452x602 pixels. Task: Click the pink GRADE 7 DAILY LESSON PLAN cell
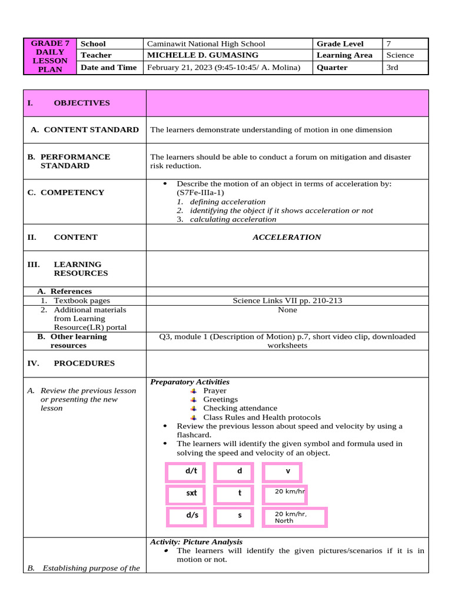[x=50, y=56]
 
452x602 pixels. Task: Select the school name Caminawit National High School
[x=206, y=44]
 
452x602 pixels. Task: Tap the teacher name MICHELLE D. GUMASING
[x=202, y=55]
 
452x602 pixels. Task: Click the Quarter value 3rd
[x=392, y=68]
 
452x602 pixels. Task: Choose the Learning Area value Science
[x=400, y=55]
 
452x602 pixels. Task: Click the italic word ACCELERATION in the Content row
[x=287, y=238]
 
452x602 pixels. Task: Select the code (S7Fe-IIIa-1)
[x=200, y=193]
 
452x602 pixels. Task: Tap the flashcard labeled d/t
[x=192, y=471]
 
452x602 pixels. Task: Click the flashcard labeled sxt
[x=192, y=493]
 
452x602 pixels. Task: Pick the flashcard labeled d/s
[x=192, y=516]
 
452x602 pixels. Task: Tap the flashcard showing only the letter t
[x=240, y=493]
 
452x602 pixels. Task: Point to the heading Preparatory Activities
[x=190, y=382]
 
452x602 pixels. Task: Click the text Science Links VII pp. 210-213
[x=287, y=301]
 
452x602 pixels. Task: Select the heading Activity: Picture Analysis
[x=196, y=542]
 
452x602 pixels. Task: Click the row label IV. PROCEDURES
[x=71, y=363]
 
